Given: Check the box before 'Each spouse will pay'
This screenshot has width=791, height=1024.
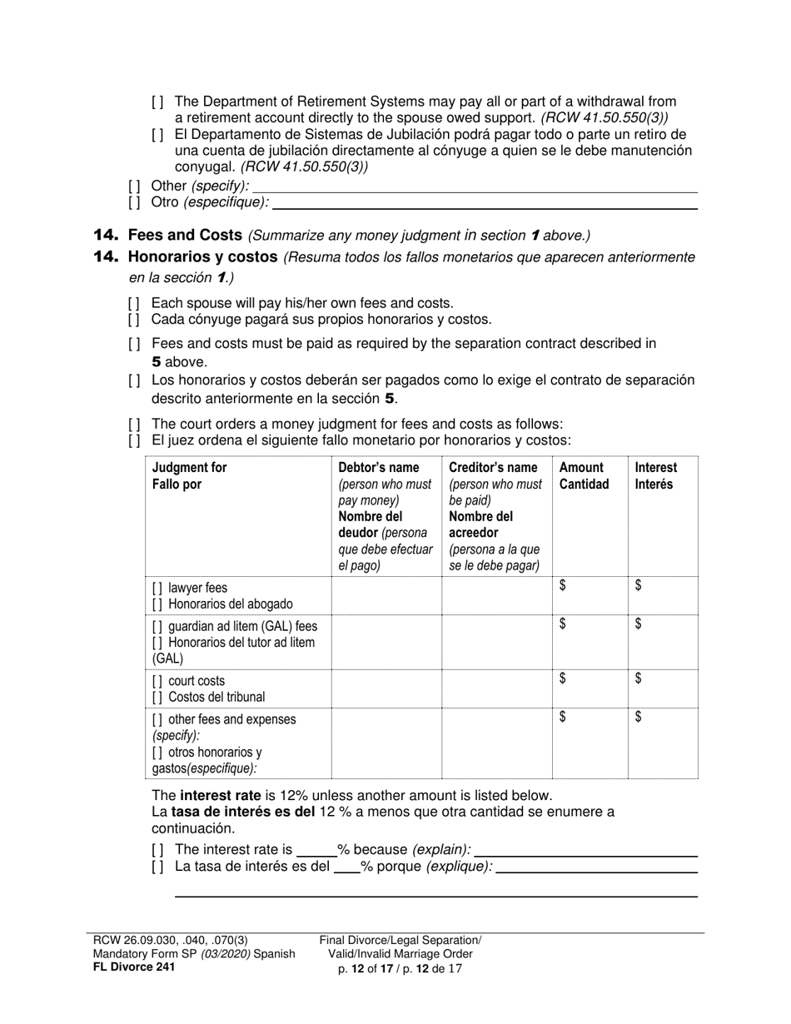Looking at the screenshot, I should [x=134, y=304].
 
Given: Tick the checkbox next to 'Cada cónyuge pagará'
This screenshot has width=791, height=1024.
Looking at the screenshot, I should [x=134, y=320].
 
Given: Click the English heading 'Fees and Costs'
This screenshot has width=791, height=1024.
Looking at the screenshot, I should [x=185, y=236].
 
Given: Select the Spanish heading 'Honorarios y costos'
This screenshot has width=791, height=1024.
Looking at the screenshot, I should [x=203, y=257].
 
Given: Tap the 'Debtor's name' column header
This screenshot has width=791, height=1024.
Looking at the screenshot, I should [x=379, y=468].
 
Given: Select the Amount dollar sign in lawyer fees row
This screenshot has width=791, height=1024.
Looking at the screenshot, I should [x=563, y=586].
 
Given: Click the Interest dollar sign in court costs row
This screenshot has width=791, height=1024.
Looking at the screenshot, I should [x=639, y=679].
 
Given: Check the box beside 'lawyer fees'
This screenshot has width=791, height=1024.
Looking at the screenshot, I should [x=157, y=589].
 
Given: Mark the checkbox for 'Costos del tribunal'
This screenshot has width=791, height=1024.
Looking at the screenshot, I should [x=157, y=698].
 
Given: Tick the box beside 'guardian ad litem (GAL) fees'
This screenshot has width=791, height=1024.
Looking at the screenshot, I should [x=157, y=626].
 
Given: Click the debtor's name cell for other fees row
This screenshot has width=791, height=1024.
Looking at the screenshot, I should [x=386, y=743].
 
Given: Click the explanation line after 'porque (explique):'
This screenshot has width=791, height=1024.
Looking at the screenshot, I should [x=596, y=868].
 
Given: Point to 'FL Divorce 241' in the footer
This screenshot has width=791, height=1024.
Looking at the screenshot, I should [x=134, y=967].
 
